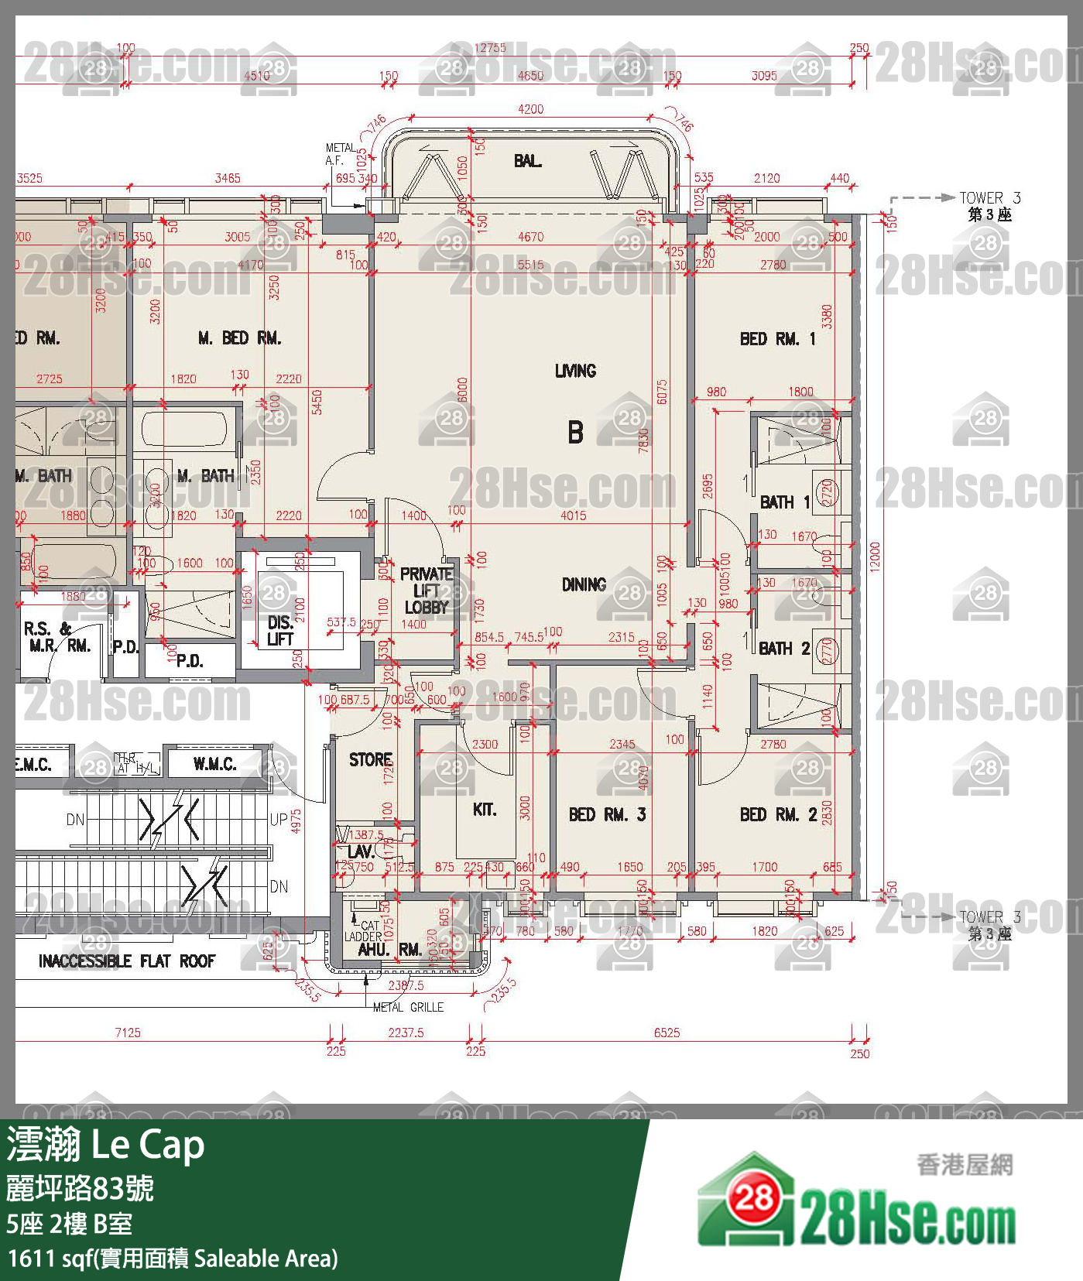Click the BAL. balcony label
[527, 161]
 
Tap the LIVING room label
[575, 371]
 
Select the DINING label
[584, 584]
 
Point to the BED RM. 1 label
[777, 338]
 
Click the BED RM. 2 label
[778, 814]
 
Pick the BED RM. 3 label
[607, 814]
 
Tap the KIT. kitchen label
[485, 810]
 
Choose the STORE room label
[370, 759]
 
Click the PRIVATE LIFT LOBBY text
[426, 591]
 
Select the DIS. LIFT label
[279, 630]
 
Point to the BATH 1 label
[784, 502]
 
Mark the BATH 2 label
[784, 649]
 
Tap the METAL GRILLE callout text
[408, 1007]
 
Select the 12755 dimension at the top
[489, 48]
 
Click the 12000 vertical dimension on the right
[875, 555]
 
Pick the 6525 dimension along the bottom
[667, 1033]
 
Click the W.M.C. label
[214, 764]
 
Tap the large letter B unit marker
[575, 431]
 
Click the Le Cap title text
[148, 1145]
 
